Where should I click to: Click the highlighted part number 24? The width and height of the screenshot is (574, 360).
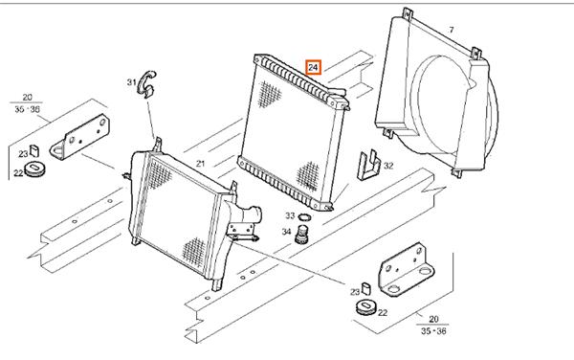[314, 67]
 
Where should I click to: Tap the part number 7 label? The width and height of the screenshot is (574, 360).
[451, 30]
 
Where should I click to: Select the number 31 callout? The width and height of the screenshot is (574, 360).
[131, 82]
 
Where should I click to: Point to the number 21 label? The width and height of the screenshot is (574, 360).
[200, 164]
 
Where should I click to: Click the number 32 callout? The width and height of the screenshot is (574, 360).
[388, 166]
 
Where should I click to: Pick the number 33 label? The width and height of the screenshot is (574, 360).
[290, 215]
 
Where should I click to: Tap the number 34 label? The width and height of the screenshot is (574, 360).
[286, 232]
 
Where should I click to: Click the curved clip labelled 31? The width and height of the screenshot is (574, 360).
[146, 84]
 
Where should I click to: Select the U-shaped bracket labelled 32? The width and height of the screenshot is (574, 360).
[369, 165]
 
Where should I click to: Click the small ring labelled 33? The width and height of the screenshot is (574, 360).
[304, 217]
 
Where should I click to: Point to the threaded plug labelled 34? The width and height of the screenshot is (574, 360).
[302, 235]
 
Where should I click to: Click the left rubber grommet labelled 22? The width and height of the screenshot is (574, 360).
[35, 169]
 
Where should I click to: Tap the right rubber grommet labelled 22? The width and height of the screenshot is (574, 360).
[365, 306]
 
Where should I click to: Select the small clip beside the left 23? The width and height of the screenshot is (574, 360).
[34, 149]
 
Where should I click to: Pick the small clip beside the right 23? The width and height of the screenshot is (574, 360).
[366, 288]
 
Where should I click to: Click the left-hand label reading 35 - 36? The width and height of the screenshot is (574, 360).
[28, 109]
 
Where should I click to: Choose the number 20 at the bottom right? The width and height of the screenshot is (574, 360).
[433, 319]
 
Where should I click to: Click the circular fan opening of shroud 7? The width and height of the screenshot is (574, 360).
[445, 104]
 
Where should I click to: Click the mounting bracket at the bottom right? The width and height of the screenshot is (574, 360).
[406, 270]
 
